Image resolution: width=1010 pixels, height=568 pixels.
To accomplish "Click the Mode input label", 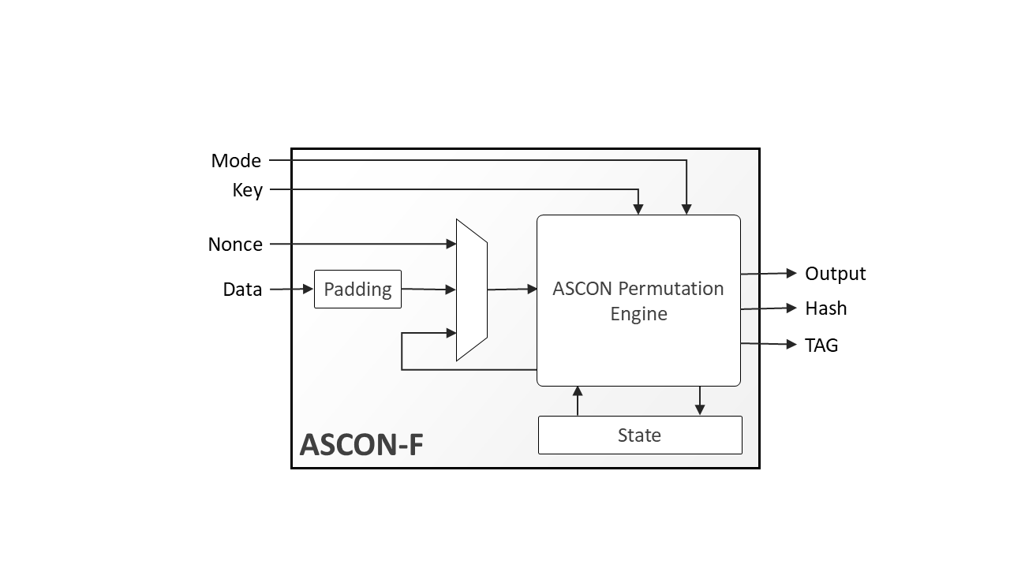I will point(236,161).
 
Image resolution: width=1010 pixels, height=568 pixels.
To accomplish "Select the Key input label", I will point(247,190).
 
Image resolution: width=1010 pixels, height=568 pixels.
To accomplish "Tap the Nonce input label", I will point(235,245).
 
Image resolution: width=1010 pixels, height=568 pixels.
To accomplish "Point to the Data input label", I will point(242,290).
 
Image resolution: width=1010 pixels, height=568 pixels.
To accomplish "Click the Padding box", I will point(357,289).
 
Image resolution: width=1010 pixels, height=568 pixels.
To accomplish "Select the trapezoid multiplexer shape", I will point(471,290).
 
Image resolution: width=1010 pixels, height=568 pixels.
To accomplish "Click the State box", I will point(639,435).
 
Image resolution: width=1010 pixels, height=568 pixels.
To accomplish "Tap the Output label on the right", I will point(835,274).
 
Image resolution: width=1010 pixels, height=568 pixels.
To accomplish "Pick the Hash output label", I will point(825,308).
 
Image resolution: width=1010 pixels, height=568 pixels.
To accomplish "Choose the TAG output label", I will point(821,345).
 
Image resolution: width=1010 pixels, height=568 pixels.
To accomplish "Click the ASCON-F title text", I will point(361,445).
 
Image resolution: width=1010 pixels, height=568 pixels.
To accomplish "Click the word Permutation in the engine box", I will point(671,289).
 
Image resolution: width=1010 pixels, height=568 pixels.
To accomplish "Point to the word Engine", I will point(638,314).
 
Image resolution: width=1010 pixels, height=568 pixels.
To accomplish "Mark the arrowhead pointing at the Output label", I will point(791,273).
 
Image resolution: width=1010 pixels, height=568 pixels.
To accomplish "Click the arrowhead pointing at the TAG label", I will point(791,344).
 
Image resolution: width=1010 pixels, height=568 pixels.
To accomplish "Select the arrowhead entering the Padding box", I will point(308,290).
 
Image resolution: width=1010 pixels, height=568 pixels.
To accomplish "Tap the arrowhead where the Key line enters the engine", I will point(638,209).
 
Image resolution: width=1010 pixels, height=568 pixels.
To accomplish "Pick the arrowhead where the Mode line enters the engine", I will point(686,209).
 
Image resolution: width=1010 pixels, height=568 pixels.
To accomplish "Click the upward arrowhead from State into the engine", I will point(578,391).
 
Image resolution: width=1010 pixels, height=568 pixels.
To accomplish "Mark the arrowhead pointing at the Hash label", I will point(791,308).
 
